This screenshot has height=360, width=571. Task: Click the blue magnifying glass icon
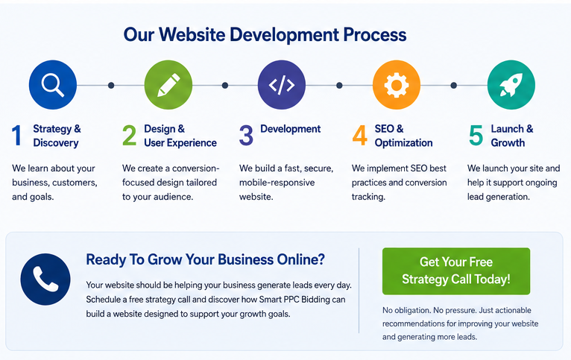coord(53,85)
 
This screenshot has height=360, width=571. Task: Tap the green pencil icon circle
coord(168,85)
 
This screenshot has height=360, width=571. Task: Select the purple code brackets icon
coord(282,85)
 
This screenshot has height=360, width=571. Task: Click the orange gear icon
coord(397,85)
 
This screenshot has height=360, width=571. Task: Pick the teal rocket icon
coord(511,85)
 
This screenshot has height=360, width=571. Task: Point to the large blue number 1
coord(16,136)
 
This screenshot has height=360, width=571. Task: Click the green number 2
coord(129,136)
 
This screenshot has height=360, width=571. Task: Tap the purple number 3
coord(246,136)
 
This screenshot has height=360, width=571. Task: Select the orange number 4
coord(360,136)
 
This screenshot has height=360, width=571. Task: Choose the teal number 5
coord(476,136)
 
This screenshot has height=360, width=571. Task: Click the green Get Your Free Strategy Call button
coord(456,271)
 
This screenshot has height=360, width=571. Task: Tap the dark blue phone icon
coord(45,280)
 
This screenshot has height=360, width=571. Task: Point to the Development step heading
coord(290,129)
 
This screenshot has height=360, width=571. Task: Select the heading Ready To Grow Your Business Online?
coord(206,259)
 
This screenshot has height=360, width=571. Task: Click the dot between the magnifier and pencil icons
coord(111,85)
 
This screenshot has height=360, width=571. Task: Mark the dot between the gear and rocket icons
coord(453,85)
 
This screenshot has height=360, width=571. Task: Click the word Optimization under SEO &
coord(403,142)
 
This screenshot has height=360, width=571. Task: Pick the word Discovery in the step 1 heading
coord(56,142)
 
